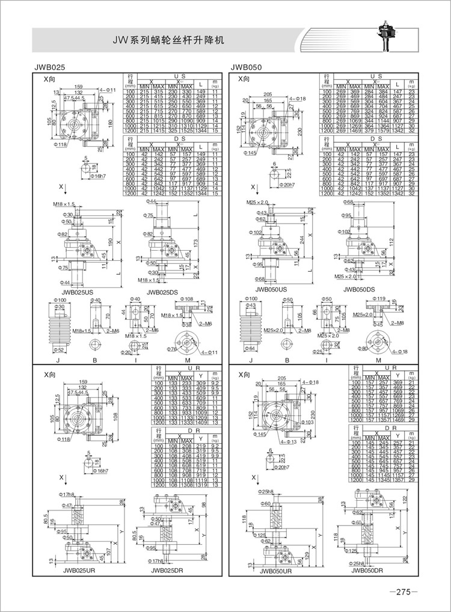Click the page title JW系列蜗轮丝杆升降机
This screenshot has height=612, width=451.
(x=171, y=41)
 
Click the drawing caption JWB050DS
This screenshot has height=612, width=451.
(x=363, y=289)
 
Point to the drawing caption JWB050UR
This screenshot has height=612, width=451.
(x=276, y=572)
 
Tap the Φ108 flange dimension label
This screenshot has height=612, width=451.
(x=187, y=299)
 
